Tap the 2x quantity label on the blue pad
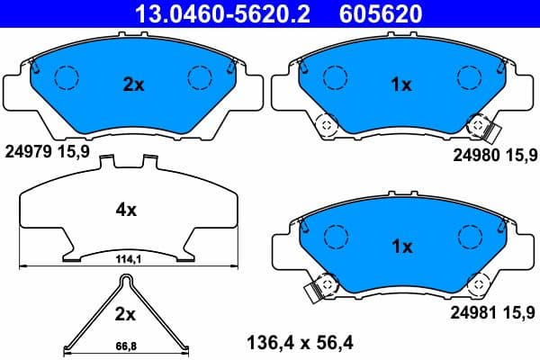coord(133,85)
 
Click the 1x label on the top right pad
coord(400,85)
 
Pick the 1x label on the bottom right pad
coord(400,246)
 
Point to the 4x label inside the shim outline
coord(125,210)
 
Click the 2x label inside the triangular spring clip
coord(125,315)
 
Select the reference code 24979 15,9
coord(47,152)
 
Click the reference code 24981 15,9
coord(493,313)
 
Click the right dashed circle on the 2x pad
coord(199,78)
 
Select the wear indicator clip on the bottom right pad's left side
coord(315,292)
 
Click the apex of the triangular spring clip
coord(125,278)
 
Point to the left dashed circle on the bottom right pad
coord(335,237)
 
